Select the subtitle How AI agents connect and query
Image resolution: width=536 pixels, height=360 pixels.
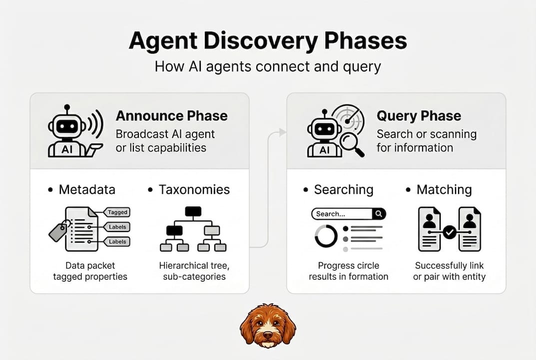(268, 66)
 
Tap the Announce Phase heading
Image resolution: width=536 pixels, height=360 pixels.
(171, 116)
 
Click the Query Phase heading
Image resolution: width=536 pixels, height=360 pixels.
(419, 116)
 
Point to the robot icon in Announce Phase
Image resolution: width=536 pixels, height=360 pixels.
(67, 131)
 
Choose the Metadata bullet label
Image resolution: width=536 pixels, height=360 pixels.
(87, 189)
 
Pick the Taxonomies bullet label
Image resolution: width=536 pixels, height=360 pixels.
(194, 189)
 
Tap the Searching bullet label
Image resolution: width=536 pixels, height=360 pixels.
(343, 189)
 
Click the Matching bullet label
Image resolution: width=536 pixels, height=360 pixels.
(444, 189)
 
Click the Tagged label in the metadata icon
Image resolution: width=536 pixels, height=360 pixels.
(118, 212)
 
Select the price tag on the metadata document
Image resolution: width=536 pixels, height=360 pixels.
(58, 231)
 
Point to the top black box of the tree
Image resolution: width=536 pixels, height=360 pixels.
(193, 211)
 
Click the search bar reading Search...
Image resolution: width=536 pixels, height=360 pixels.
(342, 214)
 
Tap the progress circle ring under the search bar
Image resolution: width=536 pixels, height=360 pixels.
(326, 235)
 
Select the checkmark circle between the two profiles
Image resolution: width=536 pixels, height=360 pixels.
(450, 232)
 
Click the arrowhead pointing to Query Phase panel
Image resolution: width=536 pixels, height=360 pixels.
(282, 132)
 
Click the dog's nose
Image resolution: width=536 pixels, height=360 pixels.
(268, 338)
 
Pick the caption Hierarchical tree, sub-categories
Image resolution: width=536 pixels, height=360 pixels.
(192, 271)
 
